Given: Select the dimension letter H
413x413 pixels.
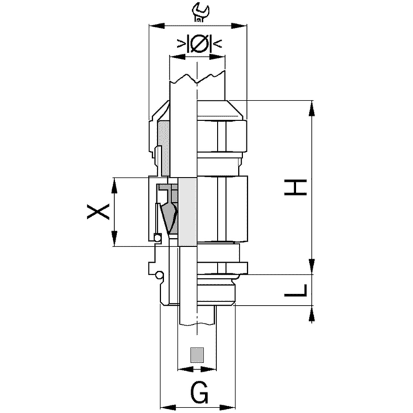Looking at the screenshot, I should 295,187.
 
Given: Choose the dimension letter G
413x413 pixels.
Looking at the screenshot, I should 199,394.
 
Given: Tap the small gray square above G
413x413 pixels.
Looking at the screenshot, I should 198,355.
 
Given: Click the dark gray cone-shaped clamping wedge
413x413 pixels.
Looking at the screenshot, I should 169,219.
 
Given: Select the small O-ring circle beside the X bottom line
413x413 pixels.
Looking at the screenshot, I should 158,238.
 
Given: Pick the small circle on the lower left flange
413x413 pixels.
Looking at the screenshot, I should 160,276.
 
